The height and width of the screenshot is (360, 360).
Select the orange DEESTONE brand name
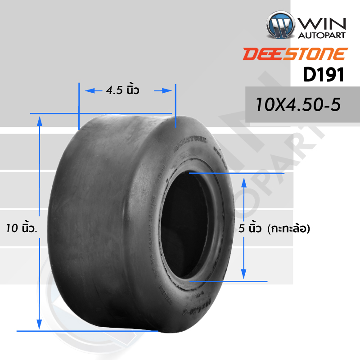(295, 54)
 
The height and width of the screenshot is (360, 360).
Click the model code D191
(323, 75)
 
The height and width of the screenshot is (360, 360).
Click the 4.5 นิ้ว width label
(122, 90)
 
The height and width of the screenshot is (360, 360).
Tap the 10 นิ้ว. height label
(22, 228)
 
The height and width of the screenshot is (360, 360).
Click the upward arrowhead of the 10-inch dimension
(40, 119)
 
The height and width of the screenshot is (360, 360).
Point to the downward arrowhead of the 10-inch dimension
(40, 325)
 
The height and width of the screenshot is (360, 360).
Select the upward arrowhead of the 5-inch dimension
(244, 181)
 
